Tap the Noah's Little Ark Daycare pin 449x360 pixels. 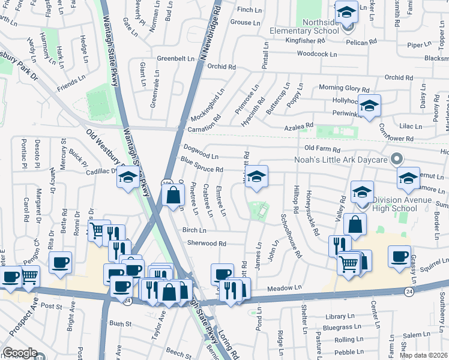click(x=396, y=159)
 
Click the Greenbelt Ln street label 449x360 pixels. click(x=176, y=59)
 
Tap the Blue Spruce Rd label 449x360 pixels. click(x=202, y=165)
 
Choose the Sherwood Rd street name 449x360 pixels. click(x=206, y=244)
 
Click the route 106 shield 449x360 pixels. click(x=167, y=184)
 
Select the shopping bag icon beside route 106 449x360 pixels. click(x=173, y=194)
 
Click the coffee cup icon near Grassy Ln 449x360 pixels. click(x=399, y=256)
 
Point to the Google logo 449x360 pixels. click(x=20, y=353)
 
